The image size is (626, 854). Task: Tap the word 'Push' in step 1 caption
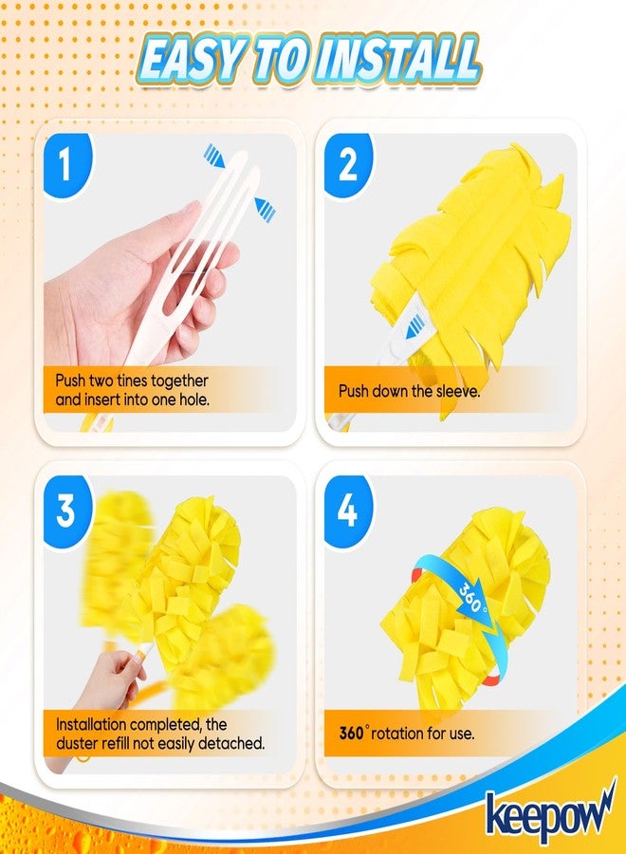point(72,381)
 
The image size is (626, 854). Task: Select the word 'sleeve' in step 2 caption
point(456,390)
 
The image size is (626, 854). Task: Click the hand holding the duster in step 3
point(114,678)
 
